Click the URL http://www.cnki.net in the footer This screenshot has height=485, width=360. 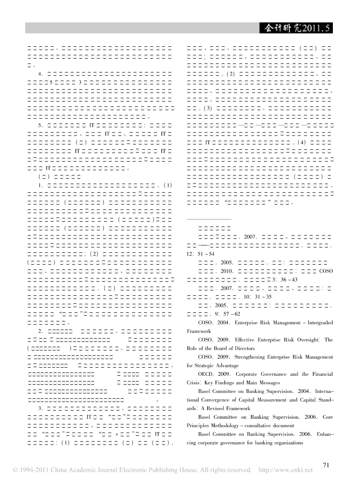[285, 470]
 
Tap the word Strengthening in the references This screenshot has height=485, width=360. [256, 357]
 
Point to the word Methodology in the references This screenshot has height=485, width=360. [223, 425]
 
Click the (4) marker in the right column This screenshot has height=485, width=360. [303, 143]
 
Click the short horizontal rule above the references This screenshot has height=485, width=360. [208, 219]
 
